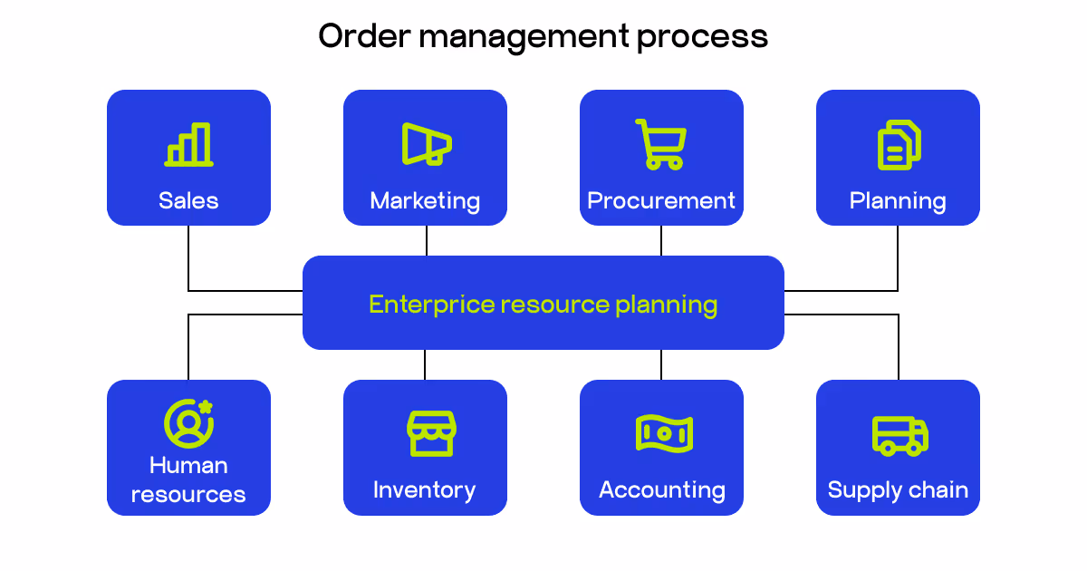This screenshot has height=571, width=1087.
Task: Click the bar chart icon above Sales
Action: point(188,145)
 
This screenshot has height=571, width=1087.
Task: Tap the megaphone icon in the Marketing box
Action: point(426,144)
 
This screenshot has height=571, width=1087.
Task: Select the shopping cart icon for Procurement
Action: point(660,144)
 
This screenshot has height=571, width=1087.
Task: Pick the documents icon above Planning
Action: point(899,146)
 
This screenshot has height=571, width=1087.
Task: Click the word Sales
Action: point(188,200)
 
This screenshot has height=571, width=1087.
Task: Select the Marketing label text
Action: point(425,201)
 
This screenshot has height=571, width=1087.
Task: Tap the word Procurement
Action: point(661,200)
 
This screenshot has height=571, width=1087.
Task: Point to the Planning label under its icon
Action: point(898,201)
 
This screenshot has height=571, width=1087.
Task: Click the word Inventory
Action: point(424,490)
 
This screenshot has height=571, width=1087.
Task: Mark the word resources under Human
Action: point(188,495)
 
